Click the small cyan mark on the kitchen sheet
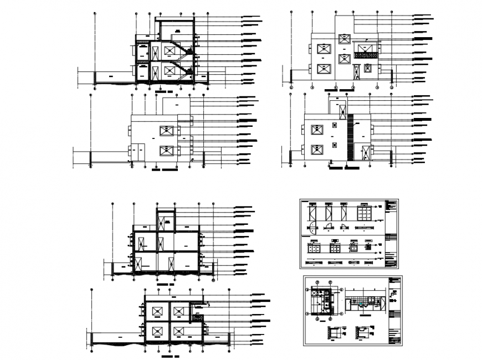pos(361,304)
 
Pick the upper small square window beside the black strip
pos(334,125)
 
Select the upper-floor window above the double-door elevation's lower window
pos(166,131)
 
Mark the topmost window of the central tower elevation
pos(344,37)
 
